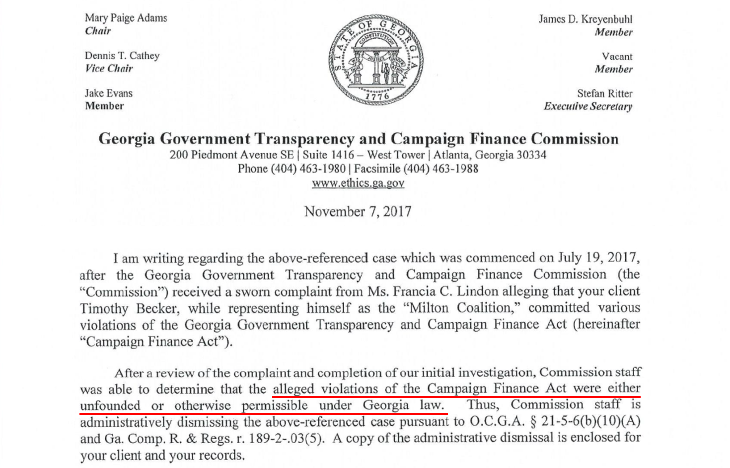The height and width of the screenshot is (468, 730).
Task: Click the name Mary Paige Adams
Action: [x=126, y=18]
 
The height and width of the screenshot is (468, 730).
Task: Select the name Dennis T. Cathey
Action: [x=122, y=56]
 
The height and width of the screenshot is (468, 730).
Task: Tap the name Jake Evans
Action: [x=108, y=93]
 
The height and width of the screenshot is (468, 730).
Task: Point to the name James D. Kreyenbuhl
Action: [x=585, y=19]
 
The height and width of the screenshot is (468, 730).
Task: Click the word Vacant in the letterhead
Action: [x=617, y=57]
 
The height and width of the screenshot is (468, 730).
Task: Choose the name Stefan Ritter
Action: [x=604, y=94]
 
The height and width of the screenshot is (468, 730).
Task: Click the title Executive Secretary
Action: [x=588, y=106]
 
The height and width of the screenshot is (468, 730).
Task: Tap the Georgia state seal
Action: [x=376, y=59]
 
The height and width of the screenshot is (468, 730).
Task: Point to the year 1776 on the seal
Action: [x=376, y=96]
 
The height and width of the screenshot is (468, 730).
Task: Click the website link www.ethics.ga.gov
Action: [x=358, y=183]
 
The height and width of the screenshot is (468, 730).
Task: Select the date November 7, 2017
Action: [x=358, y=211]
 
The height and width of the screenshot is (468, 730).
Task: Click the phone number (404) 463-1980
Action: [x=308, y=169]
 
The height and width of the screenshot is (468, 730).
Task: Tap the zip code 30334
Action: [x=531, y=155]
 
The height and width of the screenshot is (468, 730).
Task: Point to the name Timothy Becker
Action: [x=129, y=308]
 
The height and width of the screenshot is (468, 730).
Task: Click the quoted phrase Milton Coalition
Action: [x=463, y=308]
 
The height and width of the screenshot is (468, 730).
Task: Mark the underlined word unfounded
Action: [x=110, y=405]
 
